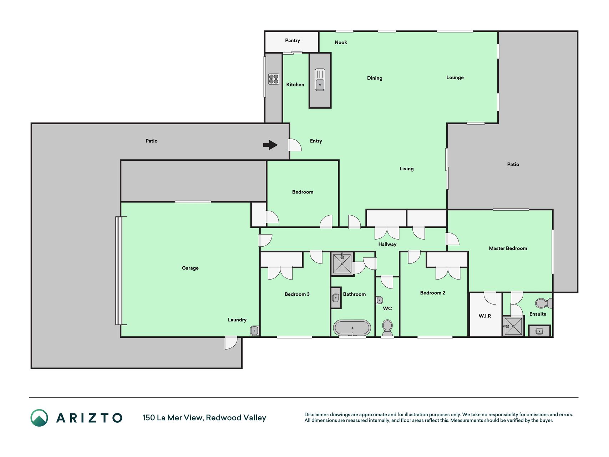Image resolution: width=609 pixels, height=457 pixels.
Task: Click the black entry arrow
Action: click(x=270, y=145)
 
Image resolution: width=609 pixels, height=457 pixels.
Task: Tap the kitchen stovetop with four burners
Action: click(x=274, y=79)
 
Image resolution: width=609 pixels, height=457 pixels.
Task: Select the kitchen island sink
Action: click(x=320, y=80)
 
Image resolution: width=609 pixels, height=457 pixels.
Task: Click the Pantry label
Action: click(x=293, y=40)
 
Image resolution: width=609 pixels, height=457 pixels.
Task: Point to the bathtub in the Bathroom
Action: click(x=352, y=327)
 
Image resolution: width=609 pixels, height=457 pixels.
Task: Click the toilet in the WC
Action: click(x=387, y=328)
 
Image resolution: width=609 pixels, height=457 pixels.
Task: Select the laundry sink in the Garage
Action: click(x=254, y=331)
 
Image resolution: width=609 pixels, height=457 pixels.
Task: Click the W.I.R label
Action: click(x=485, y=316)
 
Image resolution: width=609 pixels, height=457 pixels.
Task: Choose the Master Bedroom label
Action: click(x=508, y=248)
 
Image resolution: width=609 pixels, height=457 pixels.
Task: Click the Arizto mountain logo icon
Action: click(x=39, y=418)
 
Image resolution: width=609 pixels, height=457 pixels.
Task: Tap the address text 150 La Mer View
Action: click(x=173, y=418)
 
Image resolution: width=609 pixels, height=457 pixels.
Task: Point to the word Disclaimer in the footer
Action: click(x=316, y=415)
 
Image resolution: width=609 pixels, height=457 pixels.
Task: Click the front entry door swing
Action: click(x=295, y=145)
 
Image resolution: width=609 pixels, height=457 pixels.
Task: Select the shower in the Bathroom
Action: click(x=342, y=263)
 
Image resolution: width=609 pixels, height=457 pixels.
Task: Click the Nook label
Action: click(x=341, y=42)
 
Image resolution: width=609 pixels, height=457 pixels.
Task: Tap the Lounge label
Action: click(x=455, y=77)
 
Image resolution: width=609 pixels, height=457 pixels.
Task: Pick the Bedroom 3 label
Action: click(x=297, y=294)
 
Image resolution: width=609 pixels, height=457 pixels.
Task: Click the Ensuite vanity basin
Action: click(x=539, y=331)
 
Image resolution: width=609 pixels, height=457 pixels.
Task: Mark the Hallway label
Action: click(x=387, y=244)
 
